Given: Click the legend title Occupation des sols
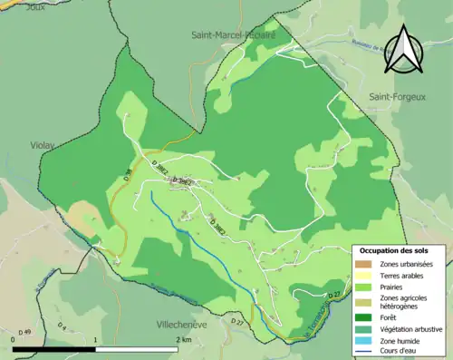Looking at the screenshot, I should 394,249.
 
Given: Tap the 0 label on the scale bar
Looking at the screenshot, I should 14,338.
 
